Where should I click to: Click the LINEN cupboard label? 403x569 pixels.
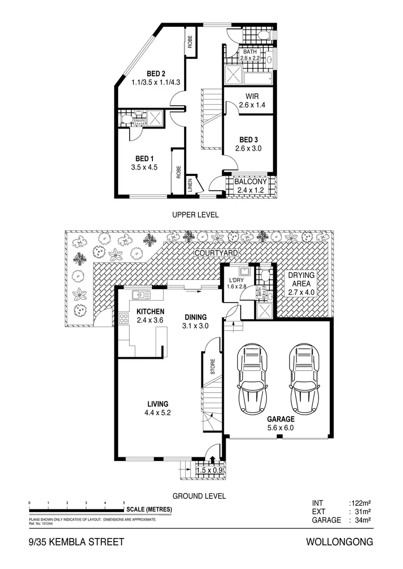pyautogui.click(x=190, y=186)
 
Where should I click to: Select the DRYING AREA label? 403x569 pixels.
pyautogui.click(x=301, y=280)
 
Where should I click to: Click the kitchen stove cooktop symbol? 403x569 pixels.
pyautogui.click(x=124, y=318)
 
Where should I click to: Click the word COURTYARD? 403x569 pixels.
pyautogui.click(x=216, y=253)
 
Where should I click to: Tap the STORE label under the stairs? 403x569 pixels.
pyautogui.click(x=213, y=367)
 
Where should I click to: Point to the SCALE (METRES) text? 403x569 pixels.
pyautogui.click(x=149, y=509)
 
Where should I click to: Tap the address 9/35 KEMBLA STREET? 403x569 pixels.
pyautogui.click(x=76, y=542)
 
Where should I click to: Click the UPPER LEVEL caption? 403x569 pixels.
pyautogui.click(x=195, y=214)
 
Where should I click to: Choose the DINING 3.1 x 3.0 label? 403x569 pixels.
pyautogui.click(x=196, y=321)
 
